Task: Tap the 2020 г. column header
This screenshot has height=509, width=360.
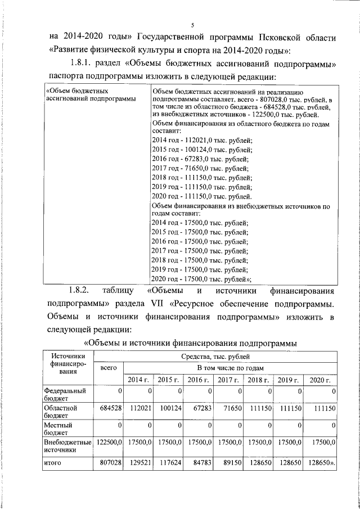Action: click(323, 380)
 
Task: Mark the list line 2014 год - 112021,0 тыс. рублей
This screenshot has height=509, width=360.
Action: click(202, 140)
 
